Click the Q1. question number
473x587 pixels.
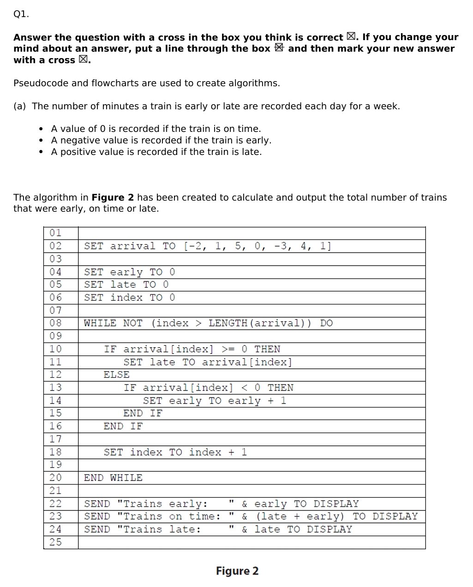tap(21, 14)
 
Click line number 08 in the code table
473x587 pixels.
tap(55, 323)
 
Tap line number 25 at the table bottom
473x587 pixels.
tap(55, 542)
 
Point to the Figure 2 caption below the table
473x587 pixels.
tap(237, 571)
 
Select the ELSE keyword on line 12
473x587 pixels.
tap(116, 374)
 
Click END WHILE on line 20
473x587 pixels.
tap(113, 478)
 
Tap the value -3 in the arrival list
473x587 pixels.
tap(282, 246)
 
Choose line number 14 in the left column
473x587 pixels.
tap(55, 400)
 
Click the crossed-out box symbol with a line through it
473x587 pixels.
tap(279, 48)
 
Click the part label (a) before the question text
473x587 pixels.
tap(20, 107)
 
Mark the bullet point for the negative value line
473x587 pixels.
tap(42, 140)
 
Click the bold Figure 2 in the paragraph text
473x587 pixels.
tap(113, 198)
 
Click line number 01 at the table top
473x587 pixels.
tap(55, 233)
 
